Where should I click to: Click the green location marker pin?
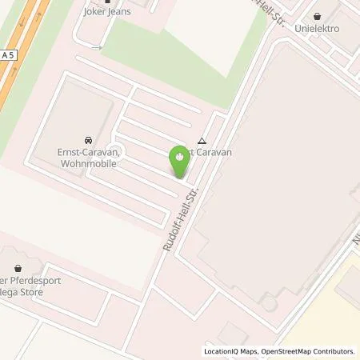click(x=180, y=160)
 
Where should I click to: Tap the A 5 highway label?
click(x=7, y=54)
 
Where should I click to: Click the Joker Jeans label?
click(x=106, y=12)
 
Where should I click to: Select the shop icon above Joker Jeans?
click(x=106, y=2)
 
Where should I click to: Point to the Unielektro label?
click(x=318, y=27)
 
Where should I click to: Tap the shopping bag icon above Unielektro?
click(x=318, y=16)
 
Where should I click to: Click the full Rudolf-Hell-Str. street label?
click(x=180, y=218)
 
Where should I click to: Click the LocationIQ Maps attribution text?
click(x=231, y=351)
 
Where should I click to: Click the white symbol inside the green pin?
click(x=180, y=154)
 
